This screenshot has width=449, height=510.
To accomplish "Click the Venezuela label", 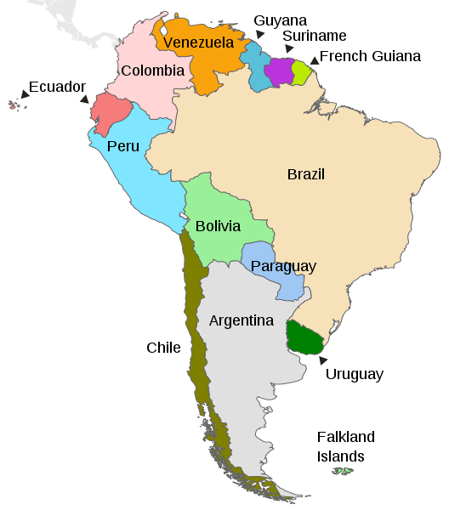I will pyautogui.click(x=198, y=42).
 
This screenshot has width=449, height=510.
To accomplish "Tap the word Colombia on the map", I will pyautogui.click(x=152, y=71).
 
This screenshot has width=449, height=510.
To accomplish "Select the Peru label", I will pyautogui.click(x=123, y=146).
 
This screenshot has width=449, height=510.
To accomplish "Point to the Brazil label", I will pyautogui.click(x=305, y=175).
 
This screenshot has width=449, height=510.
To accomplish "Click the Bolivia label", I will pyautogui.click(x=218, y=227).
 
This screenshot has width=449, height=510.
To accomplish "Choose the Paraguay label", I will pyautogui.click(x=283, y=267).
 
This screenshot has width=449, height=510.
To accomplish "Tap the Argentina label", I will pyautogui.click(x=242, y=321).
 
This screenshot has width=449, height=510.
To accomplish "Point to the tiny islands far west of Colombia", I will pyautogui.click(x=14, y=105).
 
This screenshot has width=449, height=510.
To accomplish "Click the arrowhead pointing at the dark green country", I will pyautogui.click(x=322, y=360).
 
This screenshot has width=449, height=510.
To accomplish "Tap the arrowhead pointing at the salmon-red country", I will pyautogui.click(x=84, y=99).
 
